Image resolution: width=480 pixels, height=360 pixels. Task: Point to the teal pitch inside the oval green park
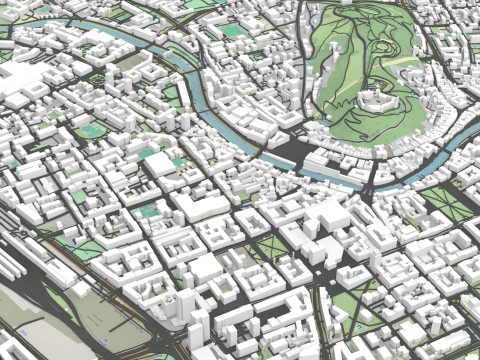point(89,130)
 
